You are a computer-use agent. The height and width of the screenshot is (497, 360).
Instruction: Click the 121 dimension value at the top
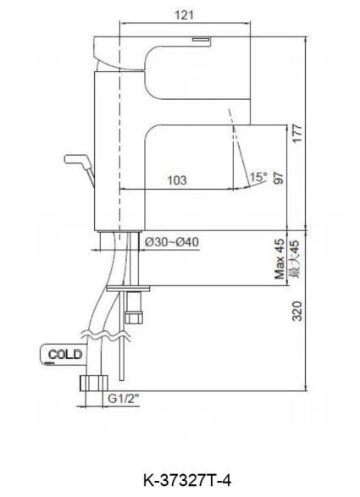(x=184, y=15)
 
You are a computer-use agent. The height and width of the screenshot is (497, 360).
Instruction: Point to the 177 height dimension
(x=297, y=134)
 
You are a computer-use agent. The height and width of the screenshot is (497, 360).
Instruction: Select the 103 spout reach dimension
(x=177, y=180)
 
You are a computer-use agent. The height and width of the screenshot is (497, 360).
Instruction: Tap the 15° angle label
(x=258, y=177)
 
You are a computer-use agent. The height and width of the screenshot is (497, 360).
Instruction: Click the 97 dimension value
(x=279, y=178)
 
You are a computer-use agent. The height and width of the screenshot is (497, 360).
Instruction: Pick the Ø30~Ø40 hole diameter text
(x=172, y=242)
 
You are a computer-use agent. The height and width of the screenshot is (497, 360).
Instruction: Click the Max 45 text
(x=280, y=259)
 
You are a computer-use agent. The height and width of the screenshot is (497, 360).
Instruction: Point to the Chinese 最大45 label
(x=295, y=259)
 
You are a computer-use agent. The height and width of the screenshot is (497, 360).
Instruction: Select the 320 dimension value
(x=296, y=311)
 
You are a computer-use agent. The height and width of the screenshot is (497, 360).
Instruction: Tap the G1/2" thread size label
(x=124, y=398)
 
